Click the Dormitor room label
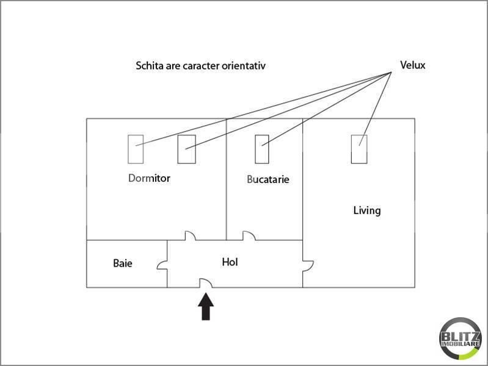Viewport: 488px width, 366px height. click(149, 178)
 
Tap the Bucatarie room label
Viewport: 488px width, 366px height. click(268, 179)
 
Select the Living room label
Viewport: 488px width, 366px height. click(367, 210)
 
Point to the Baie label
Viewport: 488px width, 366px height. click(123, 264)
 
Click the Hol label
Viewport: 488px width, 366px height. click(230, 262)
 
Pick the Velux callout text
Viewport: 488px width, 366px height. click(413, 65)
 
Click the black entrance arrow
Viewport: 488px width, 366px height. click(206, 307)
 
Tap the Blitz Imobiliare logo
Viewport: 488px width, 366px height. click(460, 339)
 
